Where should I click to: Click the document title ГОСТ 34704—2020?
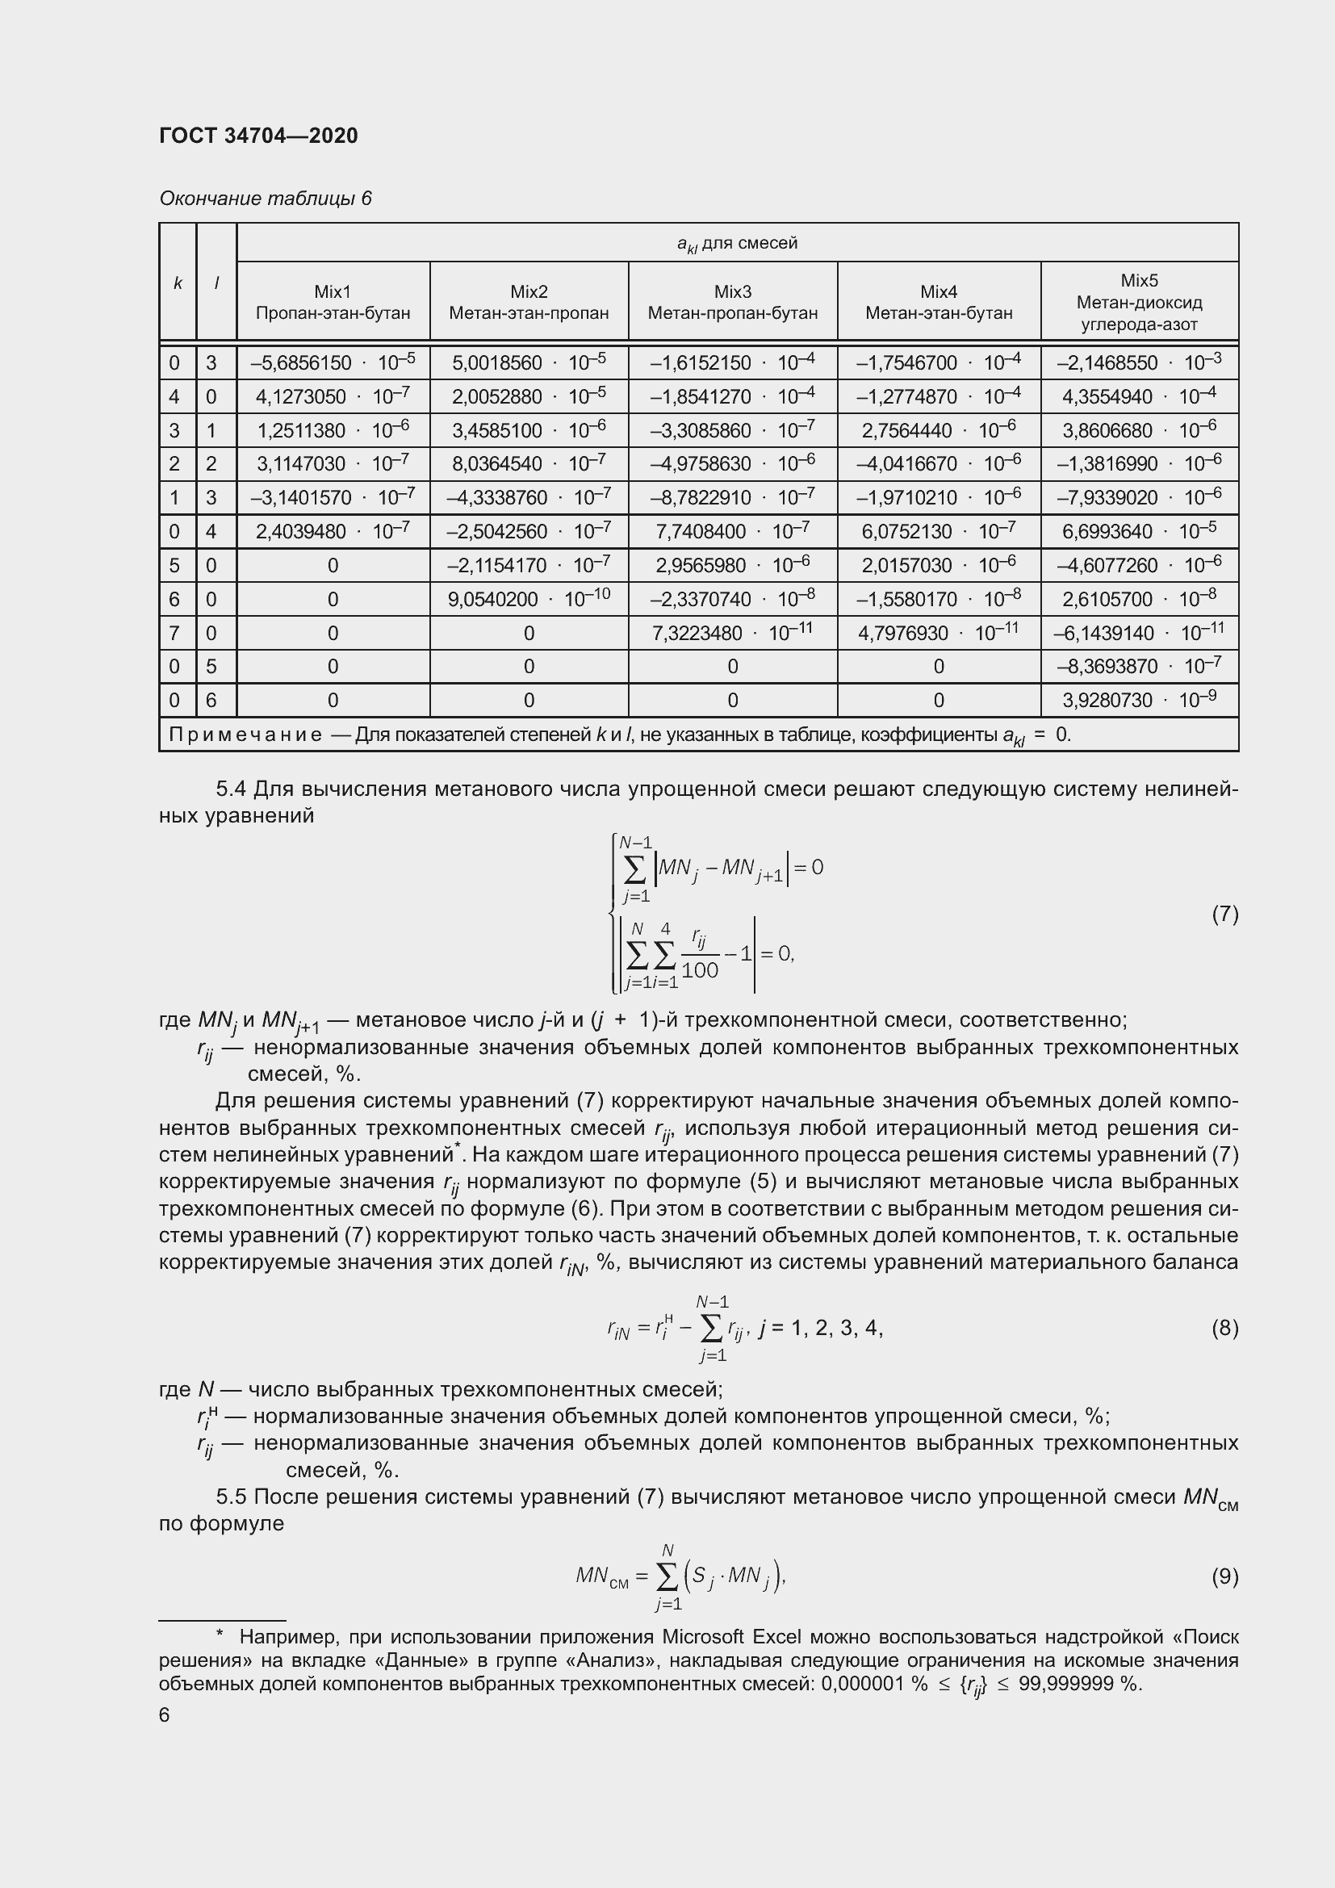pyautogui.click(x=258, y=136)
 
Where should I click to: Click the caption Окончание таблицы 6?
pyautogui.click(x=266, y=199)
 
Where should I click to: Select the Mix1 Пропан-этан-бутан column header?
pyautogui.click(x=333, y=302)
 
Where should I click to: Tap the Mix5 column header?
pyautogui.click(x=1139, y=302)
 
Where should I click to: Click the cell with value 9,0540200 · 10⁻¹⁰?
pyautogui.click(x=529, y=599)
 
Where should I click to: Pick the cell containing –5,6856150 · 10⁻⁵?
pyautogui.click(x=333, y=362)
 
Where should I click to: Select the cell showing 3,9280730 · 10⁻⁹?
pyautogui.click(x=1139, y=700)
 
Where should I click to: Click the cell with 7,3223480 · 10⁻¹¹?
pyautogui.click(x=731, y=633)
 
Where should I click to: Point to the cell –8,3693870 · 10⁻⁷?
pyautogui.click(x=1139, y=666)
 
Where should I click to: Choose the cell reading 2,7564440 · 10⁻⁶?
pyautogui.click(x=938, y=430)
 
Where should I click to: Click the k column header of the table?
pyautogui.click(x=178, y=283)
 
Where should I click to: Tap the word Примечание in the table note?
pyautogui.click(x=245, y=735)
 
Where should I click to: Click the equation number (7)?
pyautogui.click(x=1224, y=914)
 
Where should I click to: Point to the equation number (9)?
pyautogui.click(x=1224, y=1576)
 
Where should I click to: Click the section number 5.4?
pyautogui.click(x=230, y=789)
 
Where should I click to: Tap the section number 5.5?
pyautogui.click(x=230, y=1497)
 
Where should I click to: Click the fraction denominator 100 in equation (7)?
pyautogui.click(x=700, y=970)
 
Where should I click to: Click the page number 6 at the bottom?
pyautogui.click(x=165, y=1714)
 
